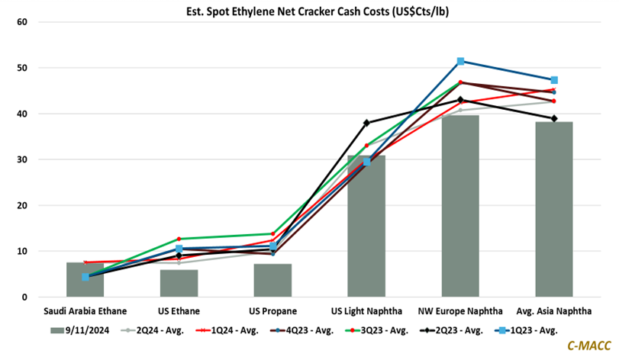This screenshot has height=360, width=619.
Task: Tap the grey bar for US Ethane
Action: [x=179, y=283]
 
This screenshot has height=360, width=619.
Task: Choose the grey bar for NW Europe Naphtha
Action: [x=460, y=206]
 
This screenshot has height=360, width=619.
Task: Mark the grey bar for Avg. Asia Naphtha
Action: [x=554, y=209]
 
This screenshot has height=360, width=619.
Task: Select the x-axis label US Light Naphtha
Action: [x=366, y=311]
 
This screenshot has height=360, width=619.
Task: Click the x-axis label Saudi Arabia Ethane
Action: [x=85, y=311]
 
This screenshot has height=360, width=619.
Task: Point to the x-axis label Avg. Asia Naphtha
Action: [x=554, y=311]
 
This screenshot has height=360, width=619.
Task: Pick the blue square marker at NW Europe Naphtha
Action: [x=460, y=61]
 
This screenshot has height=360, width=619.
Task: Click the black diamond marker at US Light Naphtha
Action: [x=366, y=123]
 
